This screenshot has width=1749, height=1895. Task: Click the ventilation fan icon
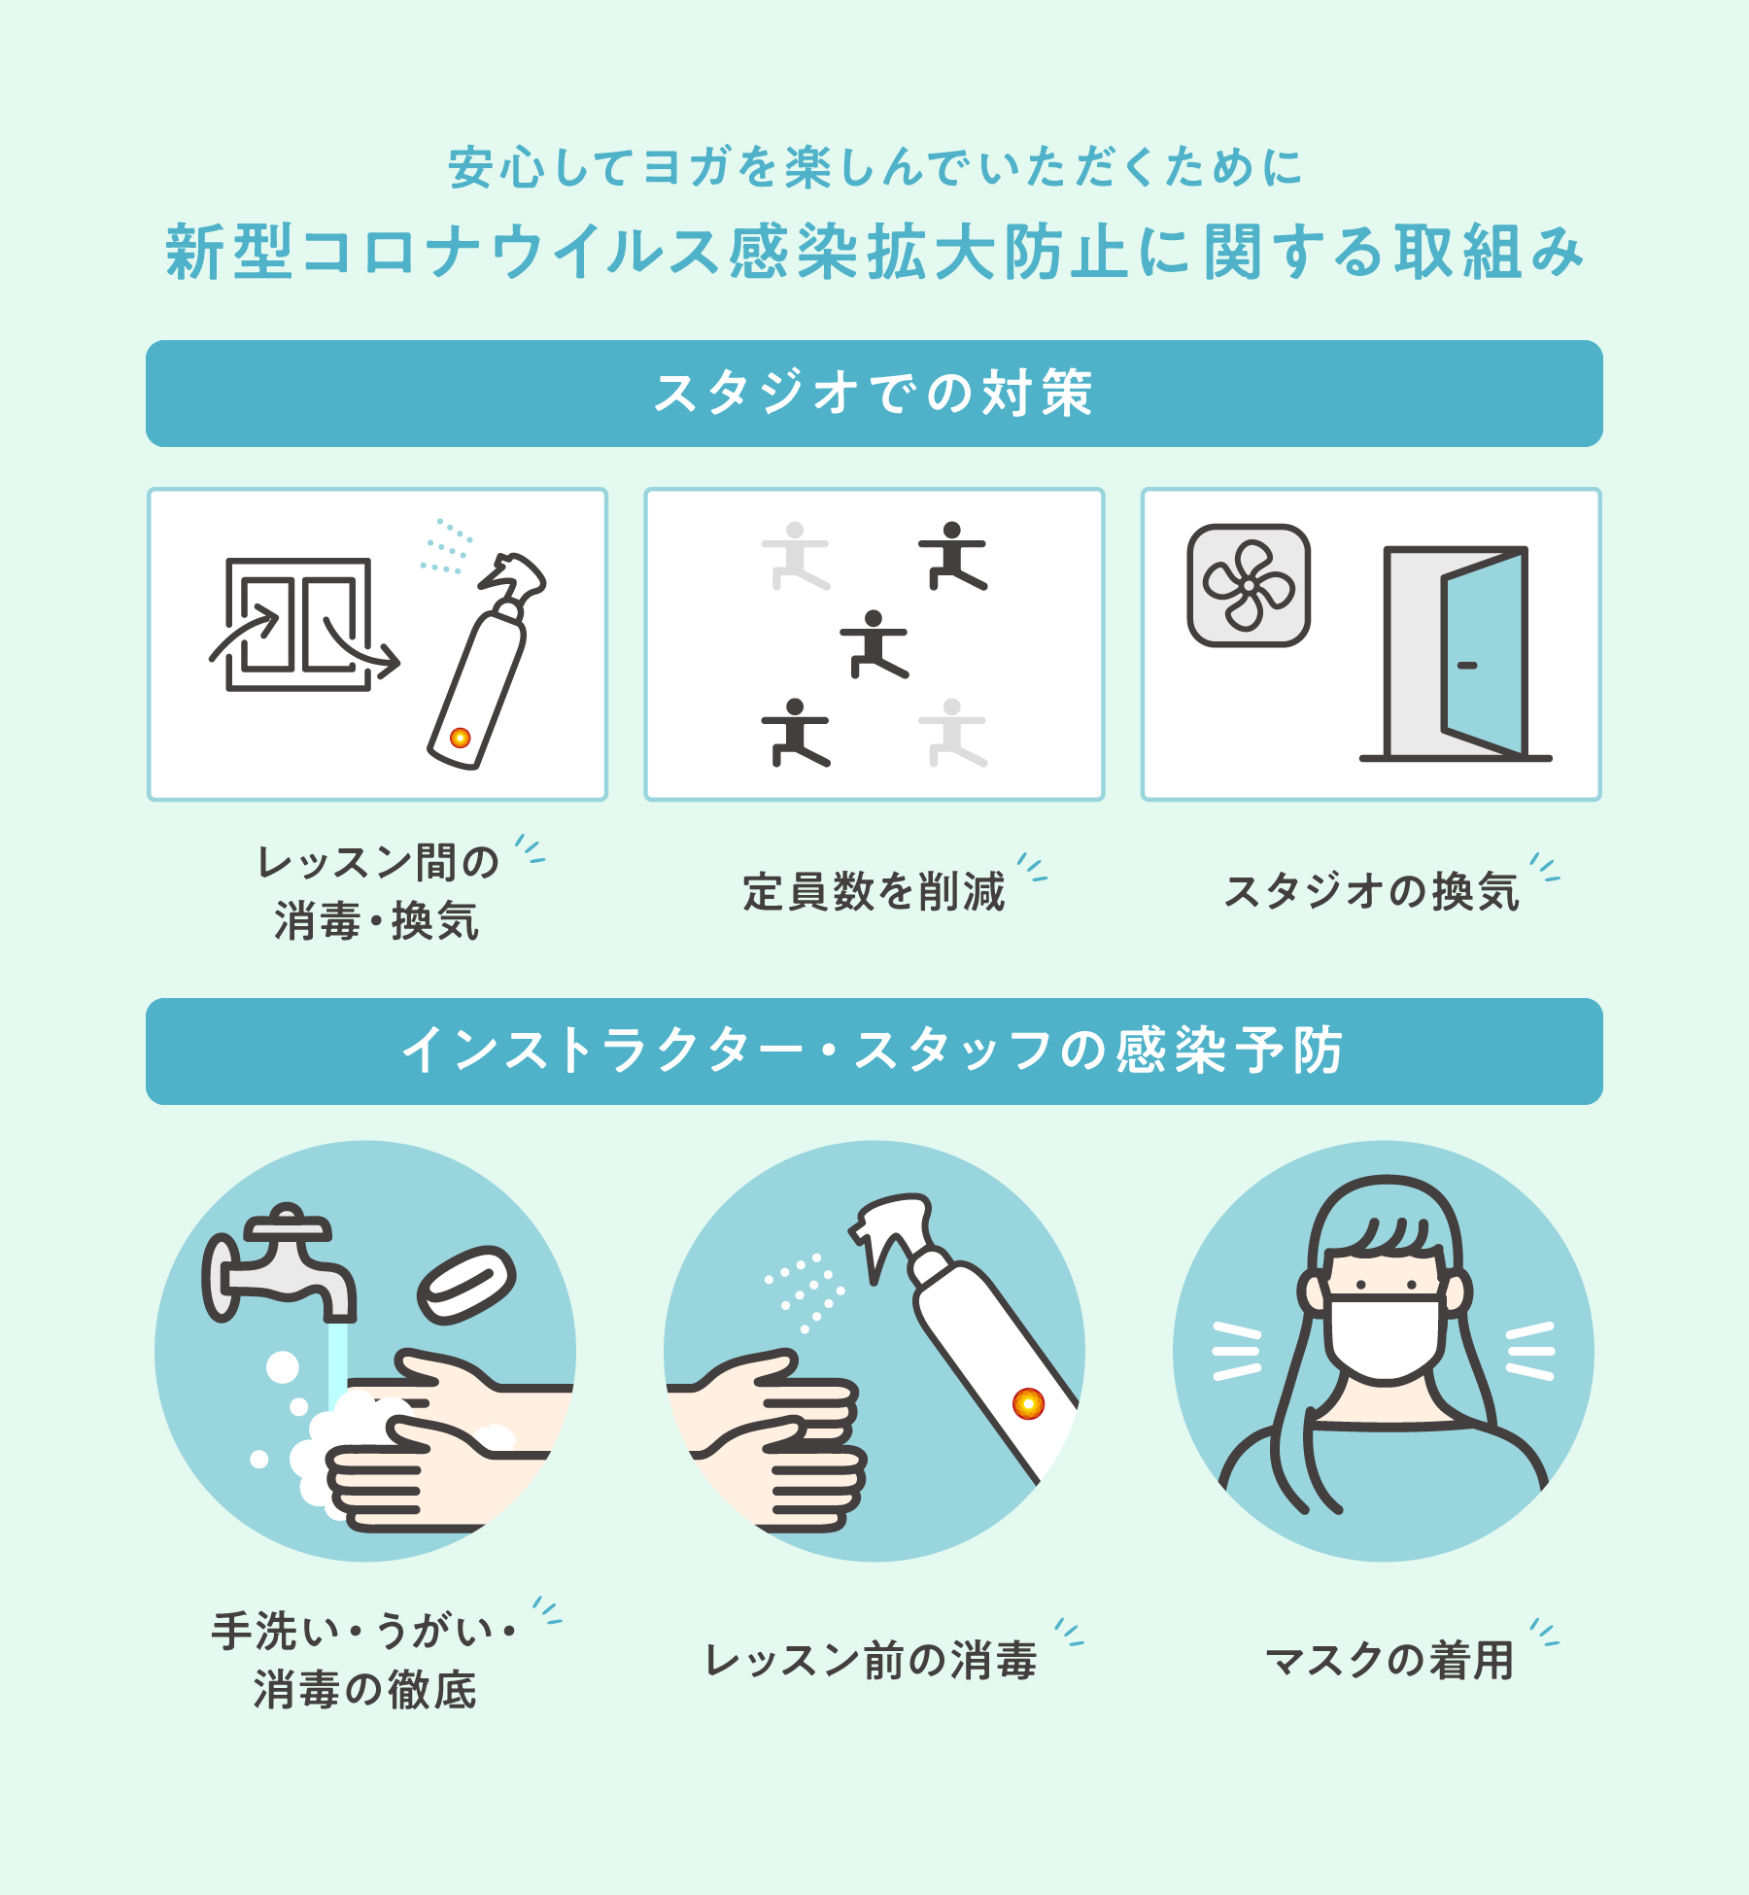(x=1249, y=585)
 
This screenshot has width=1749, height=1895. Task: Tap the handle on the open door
(x=1467, y=666)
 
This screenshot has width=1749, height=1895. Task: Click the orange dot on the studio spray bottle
(x=461, y=738)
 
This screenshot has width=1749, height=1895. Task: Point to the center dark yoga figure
(x=874, y=643)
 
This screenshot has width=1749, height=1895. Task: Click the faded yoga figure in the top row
(x=796, y=556)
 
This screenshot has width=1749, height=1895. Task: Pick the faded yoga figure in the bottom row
(x=953, y=732)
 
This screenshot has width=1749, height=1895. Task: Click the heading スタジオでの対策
(x=874, y=394)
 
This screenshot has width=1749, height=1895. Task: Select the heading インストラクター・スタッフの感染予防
(x=874, y=1051)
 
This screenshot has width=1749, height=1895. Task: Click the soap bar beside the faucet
(x=466, y=1285)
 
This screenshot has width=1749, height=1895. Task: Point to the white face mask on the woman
(x=1386, y=1337)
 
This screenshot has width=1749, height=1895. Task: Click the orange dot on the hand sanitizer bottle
(x=1028, y=1403)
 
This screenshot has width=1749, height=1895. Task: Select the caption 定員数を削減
(x=874, y=891)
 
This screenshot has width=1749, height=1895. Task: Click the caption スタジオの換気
(x=1371, y=891)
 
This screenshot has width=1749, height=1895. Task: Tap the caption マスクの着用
(x=1389, y=1660)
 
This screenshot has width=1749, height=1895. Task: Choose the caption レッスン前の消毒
(x=871, y=1660)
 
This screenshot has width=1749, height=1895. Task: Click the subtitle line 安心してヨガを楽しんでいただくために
(x=874, y=167)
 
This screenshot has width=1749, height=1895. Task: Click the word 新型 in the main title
(x=229, y=251)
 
